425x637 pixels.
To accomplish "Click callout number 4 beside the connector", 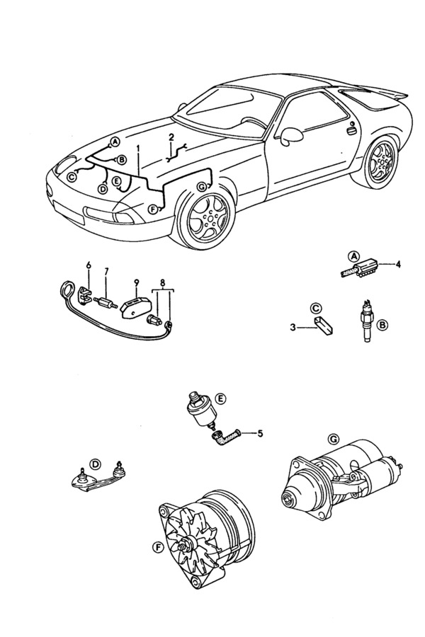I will click(397, 265).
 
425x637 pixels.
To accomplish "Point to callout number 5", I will click(259, 433).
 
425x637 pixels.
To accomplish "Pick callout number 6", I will click(89, 265).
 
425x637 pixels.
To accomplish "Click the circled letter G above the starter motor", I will click(334, 439).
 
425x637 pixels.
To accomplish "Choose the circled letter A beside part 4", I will click(352, 255).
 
